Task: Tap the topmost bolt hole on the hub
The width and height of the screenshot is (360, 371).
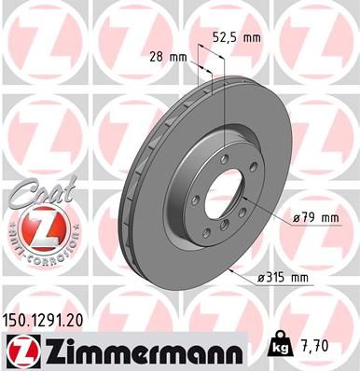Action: tap(228, 158)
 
